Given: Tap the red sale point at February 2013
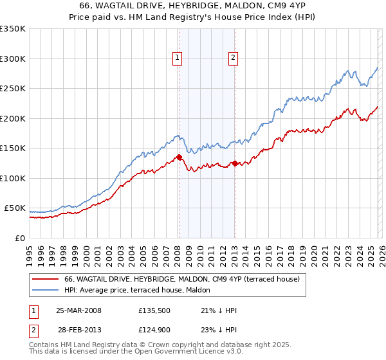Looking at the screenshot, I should pos(235,163).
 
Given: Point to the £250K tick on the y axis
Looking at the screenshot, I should pos(13,89).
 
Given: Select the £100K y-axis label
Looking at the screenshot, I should pos(13,178).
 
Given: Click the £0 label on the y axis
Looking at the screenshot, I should pos(19,238).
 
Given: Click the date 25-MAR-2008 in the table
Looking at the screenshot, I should pos(78,310).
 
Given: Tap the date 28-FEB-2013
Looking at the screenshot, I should pos(78,329).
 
